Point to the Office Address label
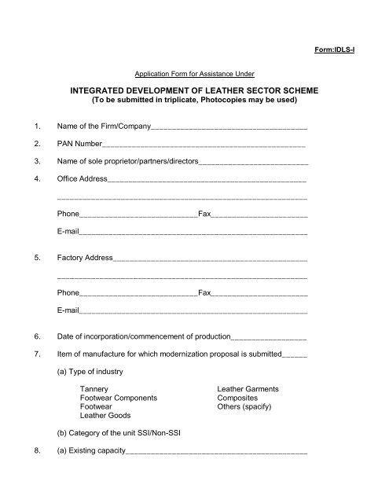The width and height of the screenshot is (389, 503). click(82, 180)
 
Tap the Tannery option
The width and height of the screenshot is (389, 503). click(94, 388)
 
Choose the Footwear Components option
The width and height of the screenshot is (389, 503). click(119, 398)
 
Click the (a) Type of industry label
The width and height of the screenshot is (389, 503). click(90, 371)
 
